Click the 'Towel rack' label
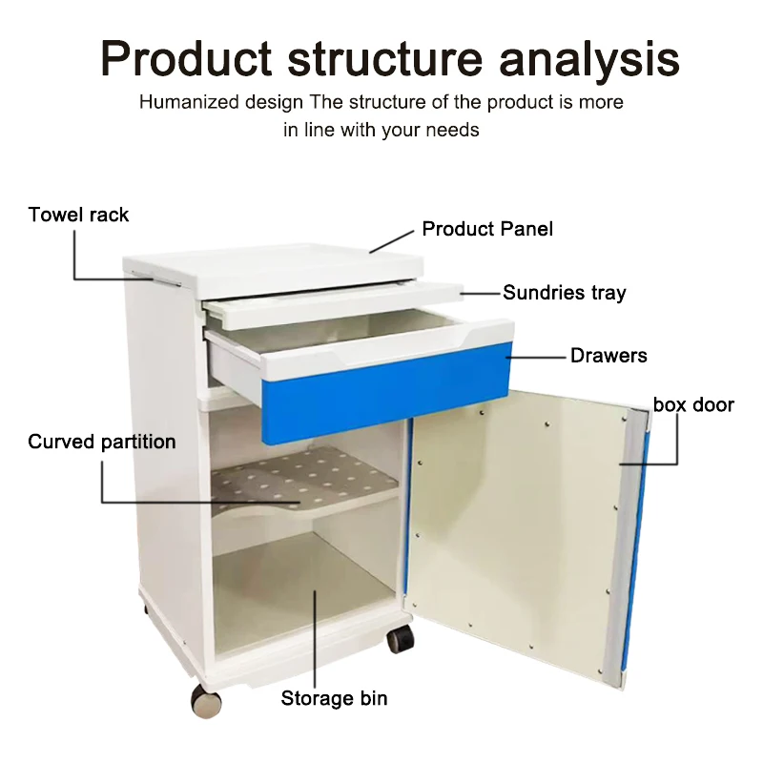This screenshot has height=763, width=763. [78, 215]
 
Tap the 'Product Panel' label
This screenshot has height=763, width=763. [487, 229]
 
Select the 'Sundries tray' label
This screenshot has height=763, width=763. [565, 293]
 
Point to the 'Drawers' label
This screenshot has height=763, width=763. [608, 356]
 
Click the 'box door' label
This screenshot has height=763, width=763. [693, 405]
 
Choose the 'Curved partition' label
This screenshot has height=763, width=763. [102, 442]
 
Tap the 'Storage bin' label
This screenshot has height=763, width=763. [334, 699]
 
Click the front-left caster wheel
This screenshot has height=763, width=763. [206, 701]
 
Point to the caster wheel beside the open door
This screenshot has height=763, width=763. [400, 638]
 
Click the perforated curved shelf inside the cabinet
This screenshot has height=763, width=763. [305, 477]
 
